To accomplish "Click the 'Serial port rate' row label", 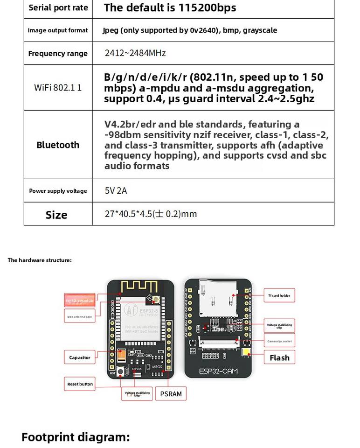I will click(x=58, y=8).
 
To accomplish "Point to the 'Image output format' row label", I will click(x=58, y=30).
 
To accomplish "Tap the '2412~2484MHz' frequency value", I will click(x=135, y=53).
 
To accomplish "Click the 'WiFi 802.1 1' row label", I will click(x=58, y=87).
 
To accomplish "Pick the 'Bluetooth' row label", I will click(x=58, y=145).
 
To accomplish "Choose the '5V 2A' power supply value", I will click(x=116, y=191).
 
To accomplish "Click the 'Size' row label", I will click(x=56, y=215).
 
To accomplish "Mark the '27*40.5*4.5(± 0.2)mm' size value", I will click(x=151, y=214).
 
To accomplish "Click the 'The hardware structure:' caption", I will click(x=40, y=260).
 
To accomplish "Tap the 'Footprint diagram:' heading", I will click(x=76, y=437).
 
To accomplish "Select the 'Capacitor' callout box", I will click(x=80, y=358).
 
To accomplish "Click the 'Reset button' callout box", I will click(x=80, y=384).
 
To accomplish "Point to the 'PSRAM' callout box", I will click(x=171, y=394).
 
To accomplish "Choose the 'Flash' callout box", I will click(x=279, y=358).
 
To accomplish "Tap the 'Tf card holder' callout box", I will click(x=279, y=295).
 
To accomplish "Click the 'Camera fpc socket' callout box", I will click(x=279, y=341).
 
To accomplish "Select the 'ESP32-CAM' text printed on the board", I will click(x=218, y=371).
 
